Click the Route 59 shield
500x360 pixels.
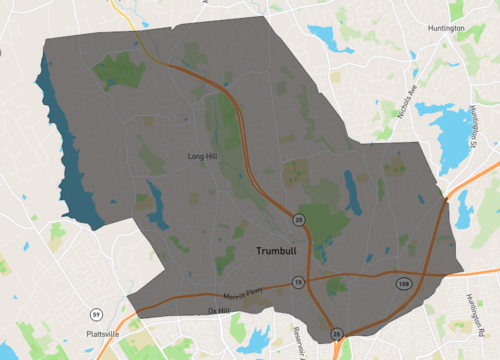click(95, 315)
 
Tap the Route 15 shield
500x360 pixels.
click(298, 284)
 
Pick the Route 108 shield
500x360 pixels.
click(401, 285)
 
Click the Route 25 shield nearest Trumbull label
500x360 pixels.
click(299, 219)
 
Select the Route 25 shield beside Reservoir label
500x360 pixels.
click(337, 333)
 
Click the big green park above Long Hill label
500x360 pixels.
click(120, 70)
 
